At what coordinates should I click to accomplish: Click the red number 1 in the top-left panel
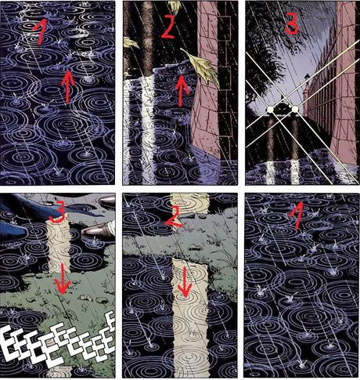coord(41,31)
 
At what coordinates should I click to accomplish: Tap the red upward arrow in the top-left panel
coord(68,86)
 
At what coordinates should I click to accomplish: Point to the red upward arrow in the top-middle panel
coord(182,90)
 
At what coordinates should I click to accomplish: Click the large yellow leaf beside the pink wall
coord(203,67)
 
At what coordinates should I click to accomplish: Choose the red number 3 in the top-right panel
coord(290,25)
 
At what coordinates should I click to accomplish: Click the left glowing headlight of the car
coord(270,109)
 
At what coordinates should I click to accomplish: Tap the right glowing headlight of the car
coord(295,109)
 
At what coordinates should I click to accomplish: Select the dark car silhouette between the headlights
coord(283,107)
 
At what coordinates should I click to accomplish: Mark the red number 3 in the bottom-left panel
coord(58,216)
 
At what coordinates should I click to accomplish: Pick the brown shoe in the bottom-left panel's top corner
coord(107,201)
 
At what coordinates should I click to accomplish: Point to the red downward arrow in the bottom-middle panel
coord(185,282)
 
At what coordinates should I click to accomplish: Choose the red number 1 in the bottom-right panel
coord(296,215)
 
